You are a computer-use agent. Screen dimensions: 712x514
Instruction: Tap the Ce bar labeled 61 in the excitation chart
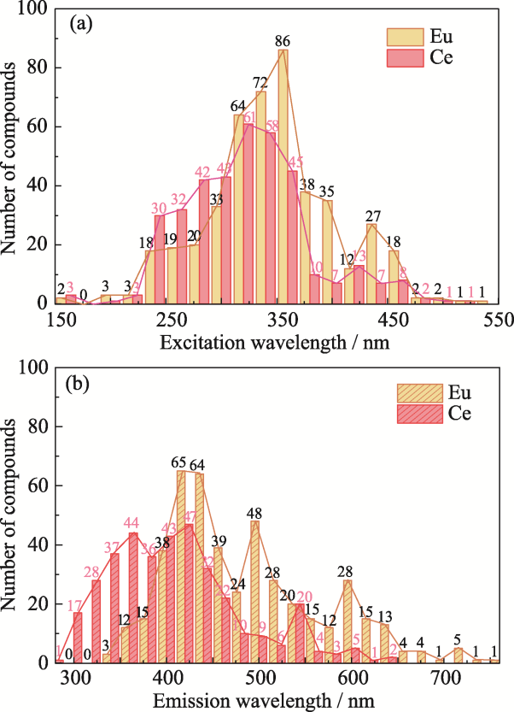(249, 214)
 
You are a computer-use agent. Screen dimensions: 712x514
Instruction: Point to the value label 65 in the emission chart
(178, 462)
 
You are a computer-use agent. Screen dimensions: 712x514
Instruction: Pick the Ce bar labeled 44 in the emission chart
(133, 597)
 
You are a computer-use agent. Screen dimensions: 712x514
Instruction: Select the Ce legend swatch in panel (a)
(399, 60)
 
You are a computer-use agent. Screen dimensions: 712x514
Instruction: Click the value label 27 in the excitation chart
(372, 215)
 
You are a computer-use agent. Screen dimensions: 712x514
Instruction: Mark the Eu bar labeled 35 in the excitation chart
(327, 251)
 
